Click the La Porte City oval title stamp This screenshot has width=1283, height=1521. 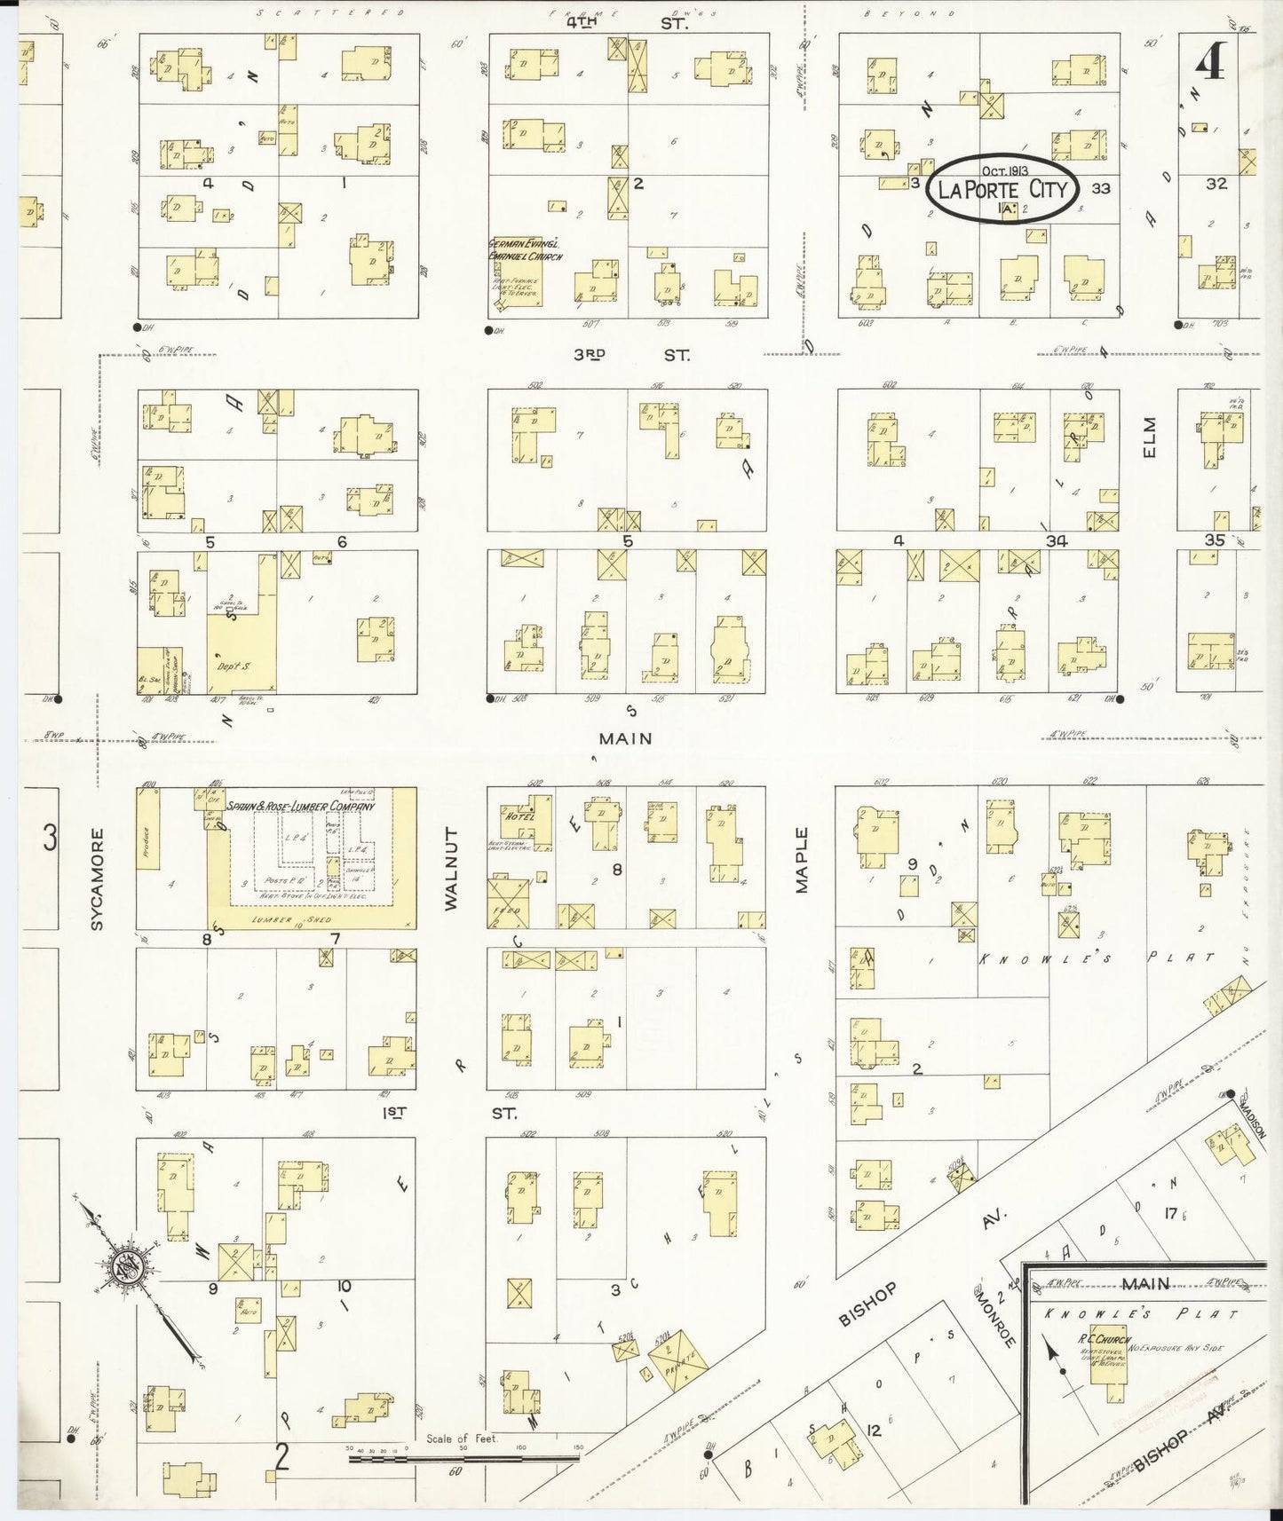[1002, 188]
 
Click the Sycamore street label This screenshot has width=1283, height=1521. [97, 879]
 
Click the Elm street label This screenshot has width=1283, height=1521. [1152, 438]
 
